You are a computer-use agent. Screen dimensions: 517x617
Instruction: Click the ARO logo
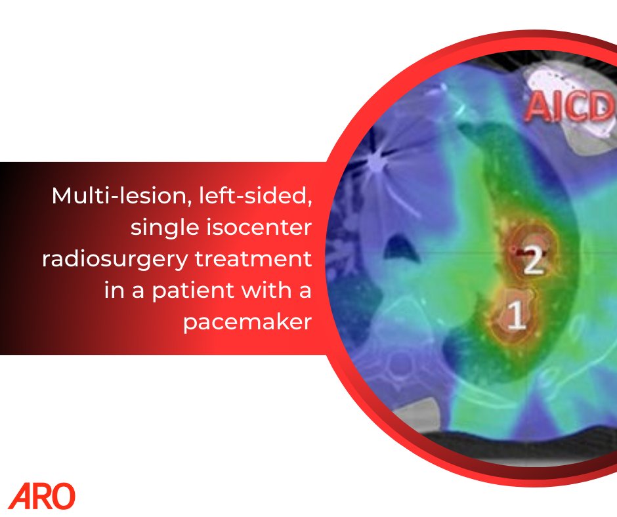click(42, 496)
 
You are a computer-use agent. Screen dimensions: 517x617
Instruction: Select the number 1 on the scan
click(517, 316)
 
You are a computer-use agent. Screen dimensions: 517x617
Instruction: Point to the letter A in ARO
click(19, 497)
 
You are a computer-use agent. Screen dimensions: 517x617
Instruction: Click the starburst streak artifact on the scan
click(377, 159)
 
